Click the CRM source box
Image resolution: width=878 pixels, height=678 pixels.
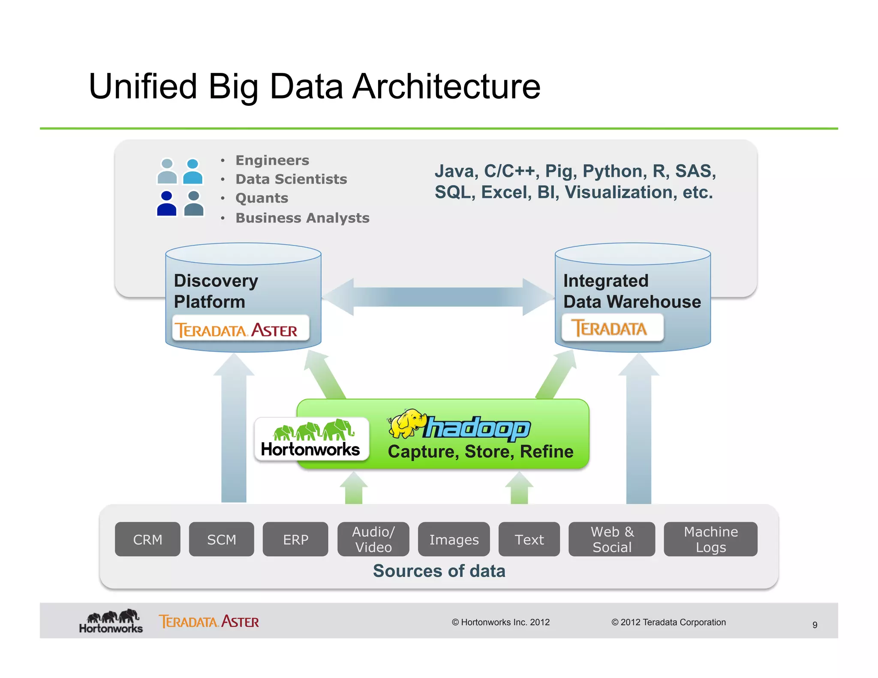click(x=147, y=539)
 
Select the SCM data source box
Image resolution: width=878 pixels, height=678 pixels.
click(x=221, y=539)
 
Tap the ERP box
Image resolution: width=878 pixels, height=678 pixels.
click(x=295, y=539)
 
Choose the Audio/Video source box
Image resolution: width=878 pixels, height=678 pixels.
click(x=373, y=539)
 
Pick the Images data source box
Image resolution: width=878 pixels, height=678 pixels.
click(x=454, y=539)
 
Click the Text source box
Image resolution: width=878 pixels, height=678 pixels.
click(x=529, y=539)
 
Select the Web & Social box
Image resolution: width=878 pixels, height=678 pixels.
click(x=612, y=539)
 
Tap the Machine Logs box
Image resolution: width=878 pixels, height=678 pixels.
click(x=710, y=539)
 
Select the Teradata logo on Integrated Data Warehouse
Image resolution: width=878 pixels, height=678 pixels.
click(x=612, y=328)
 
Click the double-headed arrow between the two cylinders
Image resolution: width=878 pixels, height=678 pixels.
click(x=438, y=297)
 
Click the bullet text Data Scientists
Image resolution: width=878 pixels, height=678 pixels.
click(x=291, y=179)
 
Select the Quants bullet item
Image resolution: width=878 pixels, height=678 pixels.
click(x=262, y=198)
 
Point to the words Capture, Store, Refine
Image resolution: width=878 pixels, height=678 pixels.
click(x=480, y=452)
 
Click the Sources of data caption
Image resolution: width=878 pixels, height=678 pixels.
click(x=439, y=571)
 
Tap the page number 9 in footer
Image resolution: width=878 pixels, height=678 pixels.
click(x=815, y=625)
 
